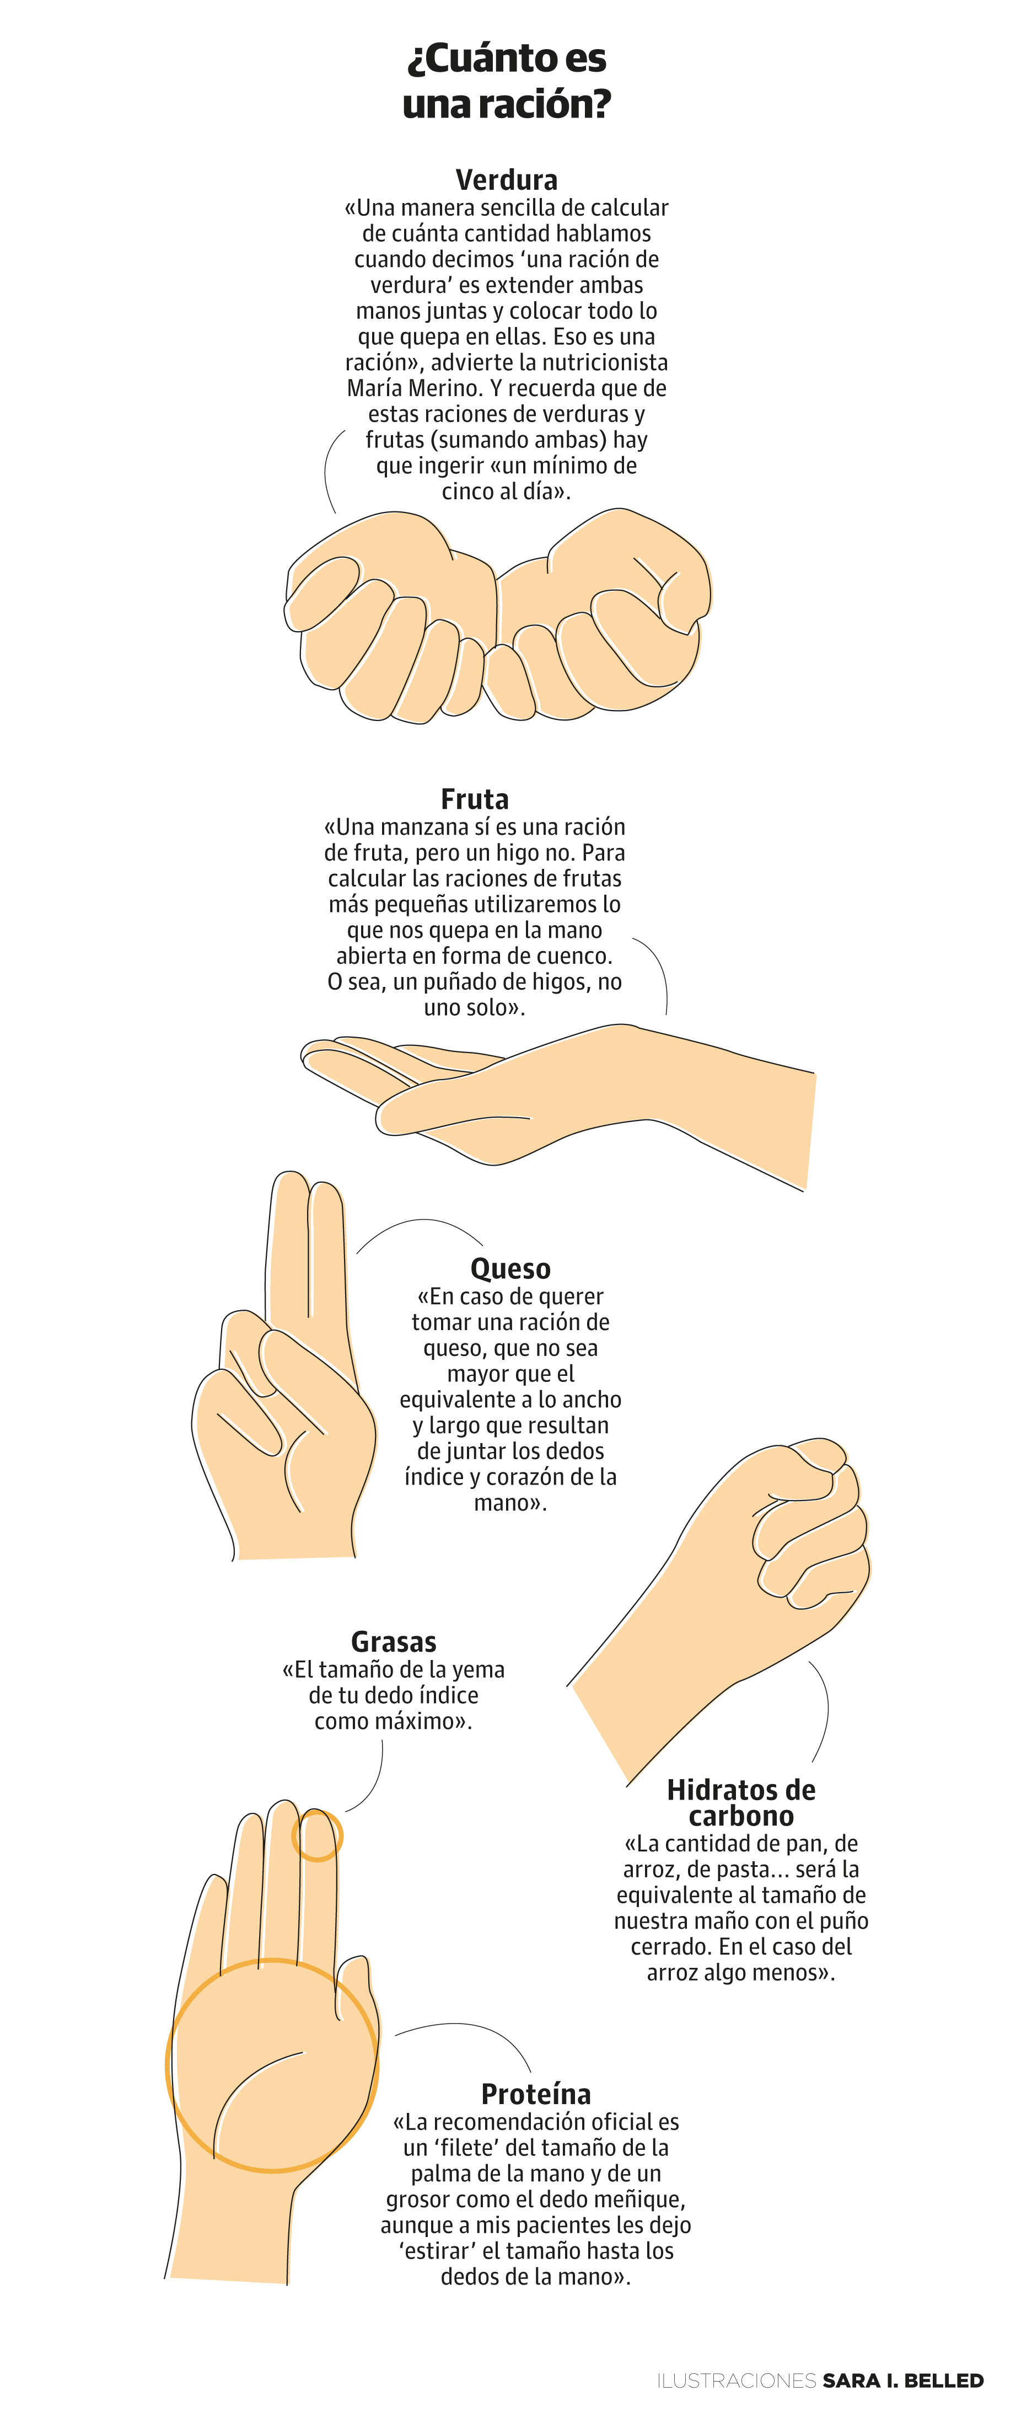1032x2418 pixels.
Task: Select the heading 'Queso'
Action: pyautogui.click(x=510, y=1268)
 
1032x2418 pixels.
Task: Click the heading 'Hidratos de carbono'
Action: pyautogui.click(x=740, y=1802)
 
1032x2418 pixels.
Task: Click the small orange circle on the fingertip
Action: pyautogui.click(x=317, y=1835)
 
